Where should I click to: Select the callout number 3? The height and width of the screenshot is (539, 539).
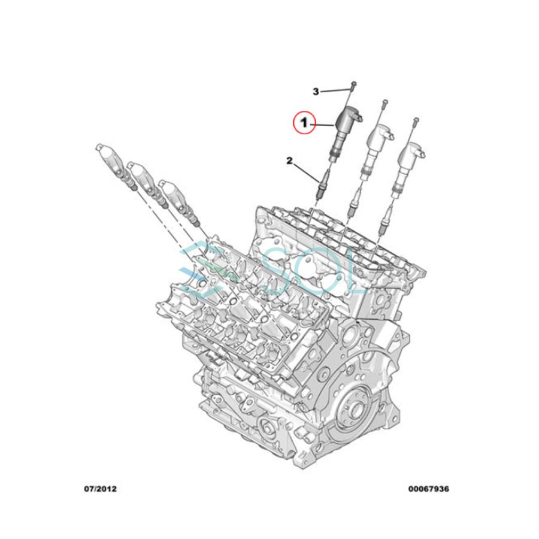click(316, 92)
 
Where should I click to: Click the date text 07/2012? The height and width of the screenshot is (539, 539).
click(100, 489)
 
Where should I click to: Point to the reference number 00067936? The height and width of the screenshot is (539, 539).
click(429, 489)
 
